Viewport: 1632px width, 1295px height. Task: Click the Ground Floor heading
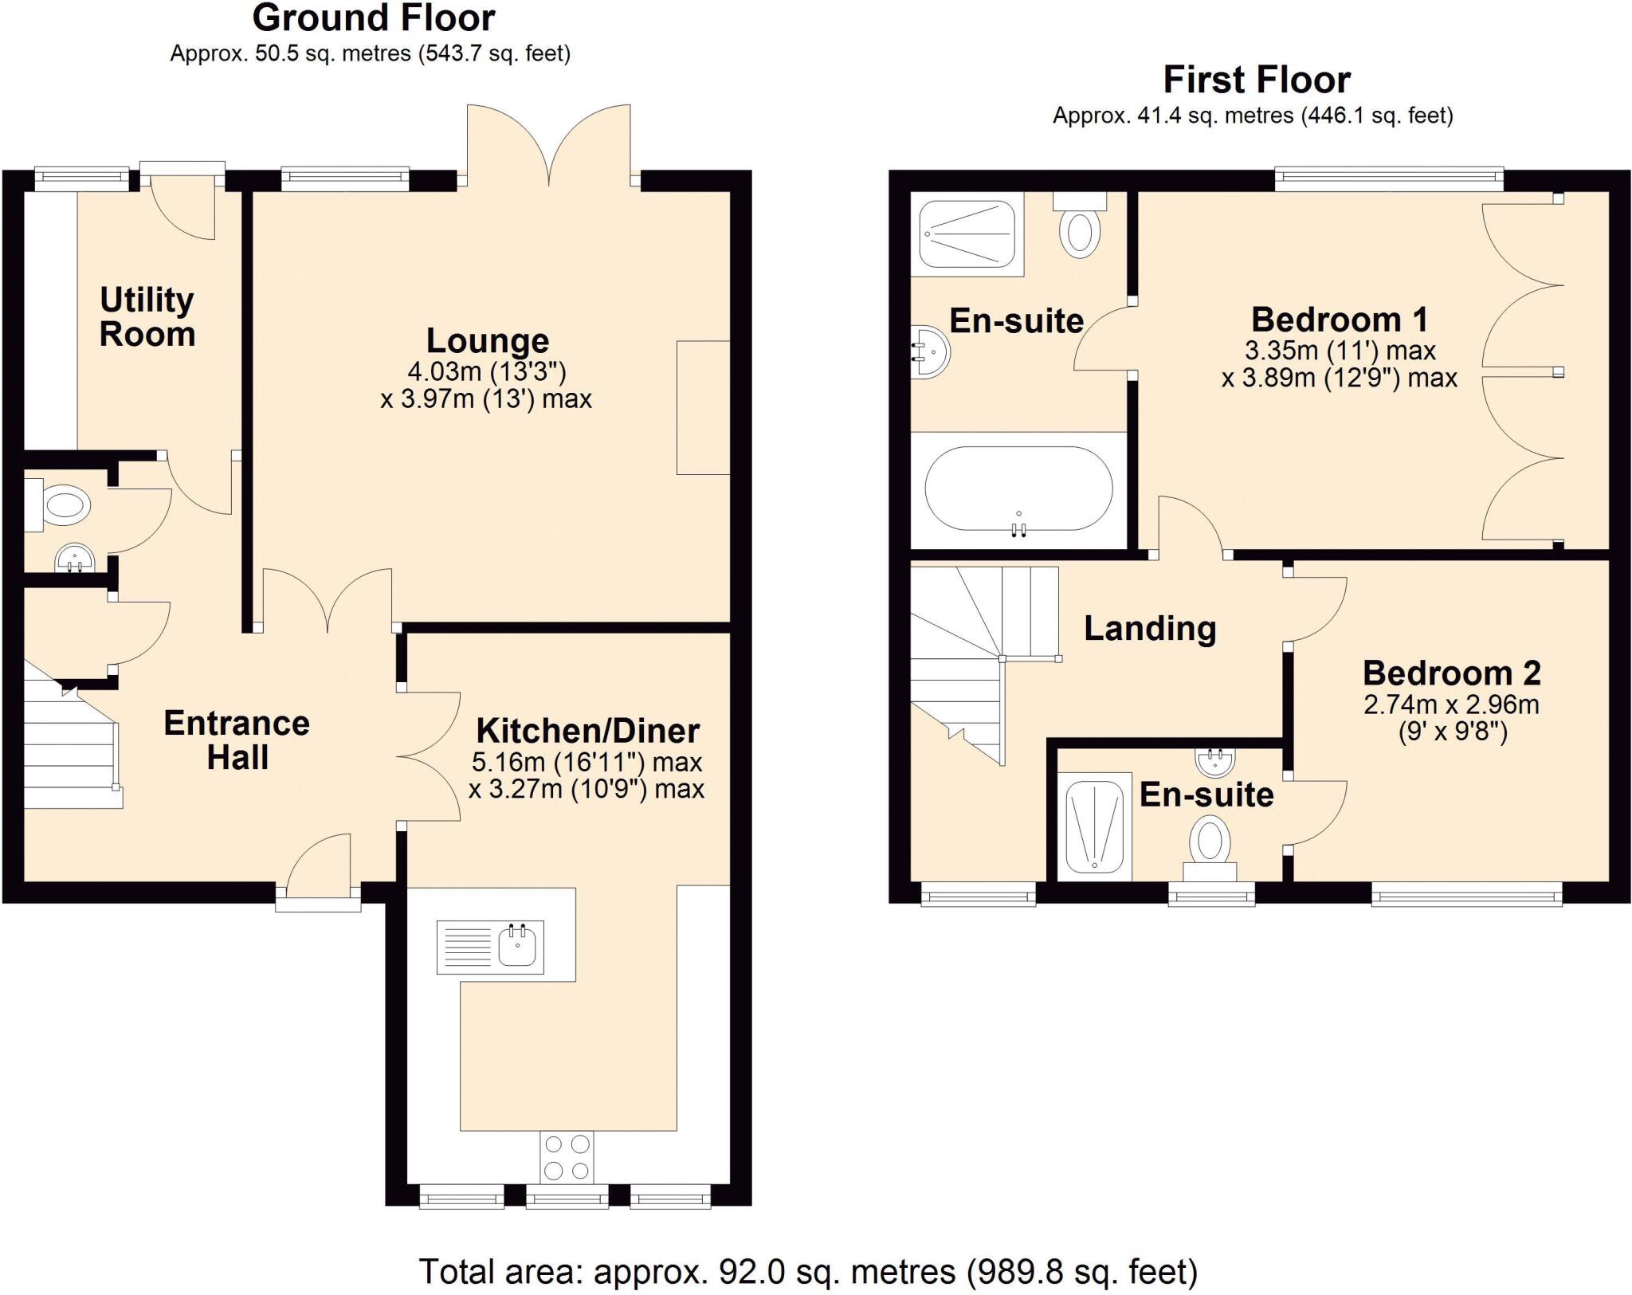coord(373,18)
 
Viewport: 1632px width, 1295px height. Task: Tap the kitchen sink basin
coord(517,947)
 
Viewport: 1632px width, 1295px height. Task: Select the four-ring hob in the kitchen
coord(567,1158)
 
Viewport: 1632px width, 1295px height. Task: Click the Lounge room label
coord(487,341)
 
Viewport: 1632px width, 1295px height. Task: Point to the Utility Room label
coord(147,317)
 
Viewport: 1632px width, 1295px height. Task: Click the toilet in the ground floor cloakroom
coord(64,504)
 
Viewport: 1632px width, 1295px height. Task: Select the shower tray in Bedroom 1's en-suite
coord(967,233)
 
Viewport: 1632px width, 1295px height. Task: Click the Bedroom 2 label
coord(1451,673)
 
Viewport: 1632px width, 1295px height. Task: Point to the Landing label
coord(1149,629)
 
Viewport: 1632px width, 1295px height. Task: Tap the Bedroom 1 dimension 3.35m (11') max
coord(1340,351)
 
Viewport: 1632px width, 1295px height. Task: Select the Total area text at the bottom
coord(807,1272)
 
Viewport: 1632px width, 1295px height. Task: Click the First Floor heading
coord(1256,80)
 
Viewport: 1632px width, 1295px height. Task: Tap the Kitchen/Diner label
coord(587,731)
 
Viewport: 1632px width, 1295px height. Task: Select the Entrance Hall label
coord(237,740)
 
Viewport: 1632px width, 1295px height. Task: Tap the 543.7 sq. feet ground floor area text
coord(494,54)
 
